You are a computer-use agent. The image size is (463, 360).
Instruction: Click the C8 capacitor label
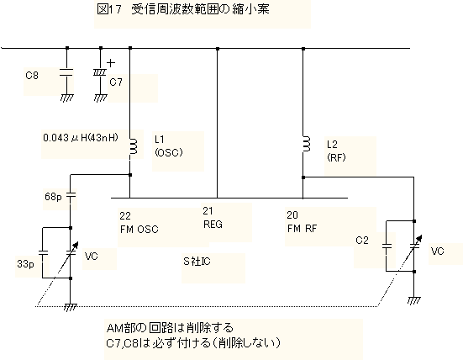coord(32,76)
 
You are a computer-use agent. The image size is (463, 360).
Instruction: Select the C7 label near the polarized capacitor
coord(116,82)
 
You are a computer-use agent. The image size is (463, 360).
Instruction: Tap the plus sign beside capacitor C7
coord(111,62)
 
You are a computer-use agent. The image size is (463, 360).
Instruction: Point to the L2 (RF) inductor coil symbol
coord(307,144)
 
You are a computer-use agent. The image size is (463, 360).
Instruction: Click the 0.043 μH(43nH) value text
coord(81,138)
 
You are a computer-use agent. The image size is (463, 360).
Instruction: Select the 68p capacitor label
coord(53,197)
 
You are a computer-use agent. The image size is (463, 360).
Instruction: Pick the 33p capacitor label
coord(25,263)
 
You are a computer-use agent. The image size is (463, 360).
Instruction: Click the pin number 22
coord(125,216)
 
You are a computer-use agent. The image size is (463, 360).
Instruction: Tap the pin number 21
coord(208,211)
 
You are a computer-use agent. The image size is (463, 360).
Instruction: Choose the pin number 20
coord(292,214)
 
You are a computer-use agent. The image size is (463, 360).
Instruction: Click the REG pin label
coord(213,225)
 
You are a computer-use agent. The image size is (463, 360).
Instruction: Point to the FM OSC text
coord(139,230)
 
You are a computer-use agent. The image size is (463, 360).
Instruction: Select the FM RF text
coord(302,229)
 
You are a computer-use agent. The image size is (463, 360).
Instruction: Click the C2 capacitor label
coord(362,241)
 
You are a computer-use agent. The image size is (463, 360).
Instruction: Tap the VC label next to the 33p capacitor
coord(91,256)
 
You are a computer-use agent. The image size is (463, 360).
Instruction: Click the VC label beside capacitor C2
coord(437,251)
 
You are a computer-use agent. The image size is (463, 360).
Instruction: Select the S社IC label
coord(197,262)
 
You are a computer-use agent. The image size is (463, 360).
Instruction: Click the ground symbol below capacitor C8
coord(66,98)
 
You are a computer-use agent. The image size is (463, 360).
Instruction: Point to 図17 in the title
coord(109,9)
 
